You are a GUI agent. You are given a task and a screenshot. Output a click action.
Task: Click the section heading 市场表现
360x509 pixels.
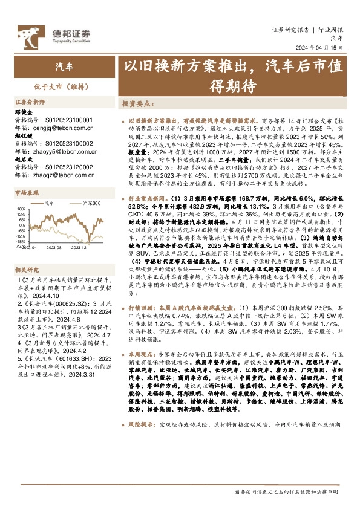[x=27, y=193]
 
